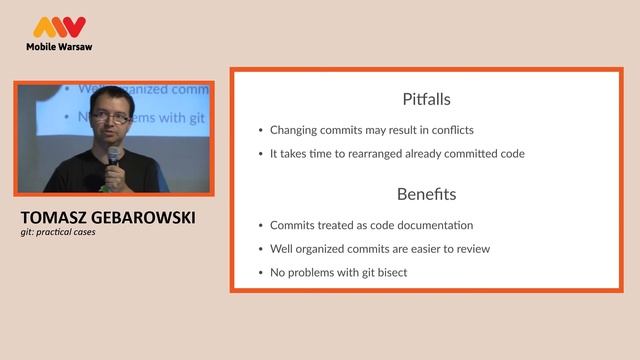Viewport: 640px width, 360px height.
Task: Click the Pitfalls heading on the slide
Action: [426, 100]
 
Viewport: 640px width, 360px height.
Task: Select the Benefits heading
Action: [426, 194]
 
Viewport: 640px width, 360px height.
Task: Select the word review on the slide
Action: [471, 249]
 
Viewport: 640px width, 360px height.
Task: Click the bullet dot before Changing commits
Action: [260, 131]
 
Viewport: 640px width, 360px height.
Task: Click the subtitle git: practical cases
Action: [58, 232]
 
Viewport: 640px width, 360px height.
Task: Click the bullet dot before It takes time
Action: [260, 155]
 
